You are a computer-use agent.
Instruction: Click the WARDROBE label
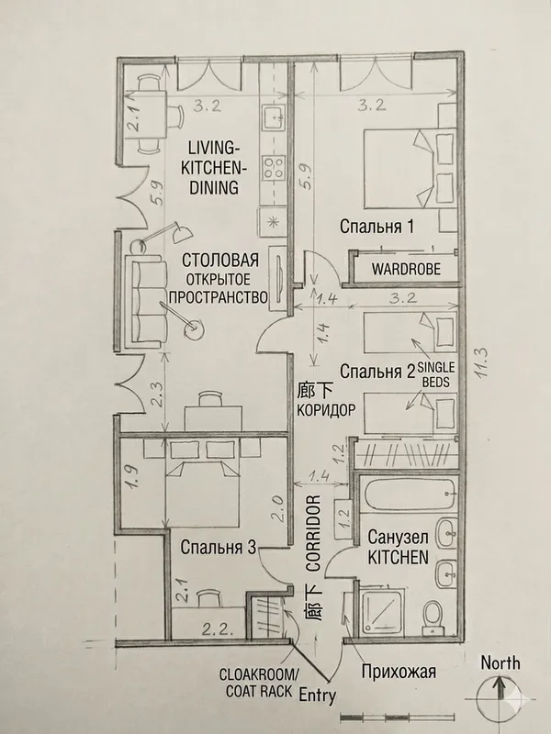406,269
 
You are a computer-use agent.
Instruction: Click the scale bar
397,717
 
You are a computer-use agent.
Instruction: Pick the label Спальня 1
377,227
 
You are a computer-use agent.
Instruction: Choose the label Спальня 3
219,547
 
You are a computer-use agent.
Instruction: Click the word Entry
317,695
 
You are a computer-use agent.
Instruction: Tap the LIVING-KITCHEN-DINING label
214,168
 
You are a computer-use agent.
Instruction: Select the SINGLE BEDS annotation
435,373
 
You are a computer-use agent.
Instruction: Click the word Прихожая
399,672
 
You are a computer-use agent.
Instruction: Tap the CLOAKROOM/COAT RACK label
258,683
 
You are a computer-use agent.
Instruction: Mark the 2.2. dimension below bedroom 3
217,629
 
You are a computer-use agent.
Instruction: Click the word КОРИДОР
327,409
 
